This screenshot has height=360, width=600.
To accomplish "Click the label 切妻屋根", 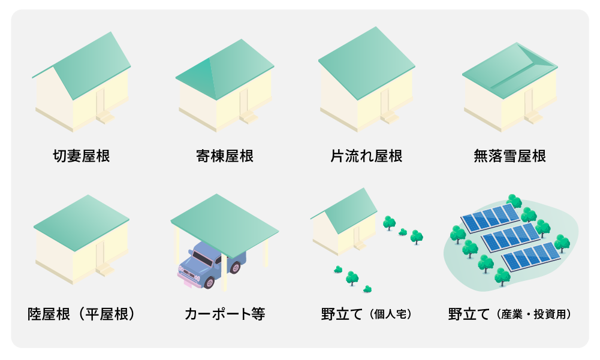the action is [x=82, y=156].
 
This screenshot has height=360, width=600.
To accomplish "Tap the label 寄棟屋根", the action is [x=225, y=156].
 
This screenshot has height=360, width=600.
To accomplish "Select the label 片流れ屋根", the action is [x=366, y=156].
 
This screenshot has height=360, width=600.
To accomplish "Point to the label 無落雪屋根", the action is [x=509, y=156].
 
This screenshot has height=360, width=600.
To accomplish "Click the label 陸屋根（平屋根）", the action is [x=82, y=314].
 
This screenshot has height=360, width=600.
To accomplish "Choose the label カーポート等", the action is [x=225, y=314].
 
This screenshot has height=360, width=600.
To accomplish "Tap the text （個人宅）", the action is [x=391, y=314].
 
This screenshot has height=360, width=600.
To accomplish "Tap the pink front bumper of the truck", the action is [x=188, y=279].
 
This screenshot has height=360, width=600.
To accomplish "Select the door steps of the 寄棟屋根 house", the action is [x=249, y=117].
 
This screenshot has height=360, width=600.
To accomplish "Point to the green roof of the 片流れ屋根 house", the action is [x=367, y=63].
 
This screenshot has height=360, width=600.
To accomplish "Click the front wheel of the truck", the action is [x=209, y=282].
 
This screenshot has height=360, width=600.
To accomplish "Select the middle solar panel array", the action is [x=511, y=237].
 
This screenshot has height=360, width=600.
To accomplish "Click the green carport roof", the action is [x=225, y=225].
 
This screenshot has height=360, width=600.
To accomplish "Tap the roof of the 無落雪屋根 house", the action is [x=509, y=69].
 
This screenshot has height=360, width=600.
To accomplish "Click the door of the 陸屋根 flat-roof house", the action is [x=100, y=253].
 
